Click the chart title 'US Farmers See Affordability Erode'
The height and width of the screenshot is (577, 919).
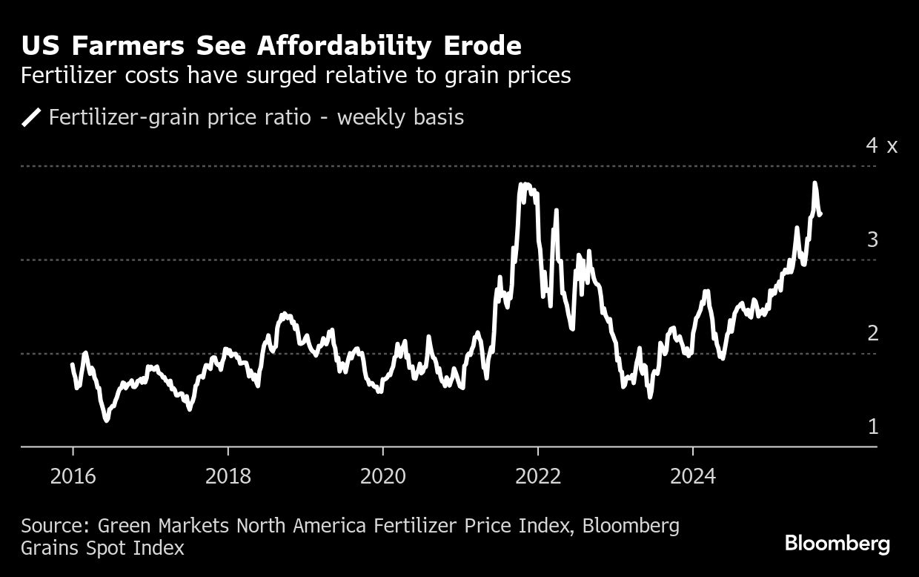tap(271, 46)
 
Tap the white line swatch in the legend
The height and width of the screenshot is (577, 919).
tap(31, 118)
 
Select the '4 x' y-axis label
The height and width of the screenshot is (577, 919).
tap(881, 145)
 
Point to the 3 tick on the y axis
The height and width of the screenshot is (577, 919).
tap(872, 240)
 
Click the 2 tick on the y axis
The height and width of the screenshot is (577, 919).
tap(872, 333)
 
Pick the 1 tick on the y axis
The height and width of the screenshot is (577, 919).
tap(872, 427)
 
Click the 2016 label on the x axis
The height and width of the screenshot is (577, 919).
tap(73, 475)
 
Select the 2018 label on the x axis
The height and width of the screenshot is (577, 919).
tap(228, 475)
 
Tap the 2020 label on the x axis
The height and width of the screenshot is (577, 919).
tap(382, 475)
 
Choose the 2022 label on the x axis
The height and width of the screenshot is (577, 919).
tap(537, 475)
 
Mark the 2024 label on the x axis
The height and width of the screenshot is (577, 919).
tap(692, 475)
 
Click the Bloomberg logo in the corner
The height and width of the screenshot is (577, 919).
tap(837, 544)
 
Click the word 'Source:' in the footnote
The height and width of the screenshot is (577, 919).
tap(56, 527)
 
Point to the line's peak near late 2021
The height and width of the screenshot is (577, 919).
tap(524, 185)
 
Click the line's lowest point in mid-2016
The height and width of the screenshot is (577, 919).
tap(107, 421)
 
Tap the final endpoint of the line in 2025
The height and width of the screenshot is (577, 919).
tap(820, 215)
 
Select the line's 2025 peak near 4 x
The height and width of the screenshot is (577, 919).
tap(815, 183)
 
